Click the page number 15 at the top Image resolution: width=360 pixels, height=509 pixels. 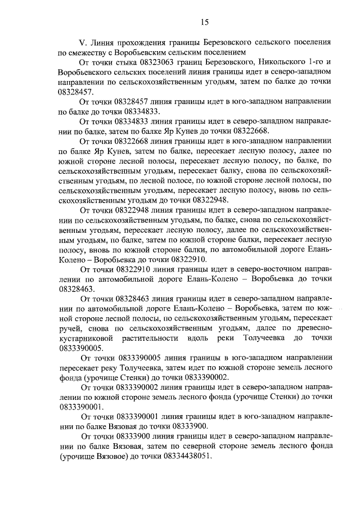click(204, 21)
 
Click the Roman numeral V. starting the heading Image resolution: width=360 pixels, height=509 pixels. click(82, 42)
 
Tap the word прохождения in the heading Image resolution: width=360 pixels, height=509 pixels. click(143, 42)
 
